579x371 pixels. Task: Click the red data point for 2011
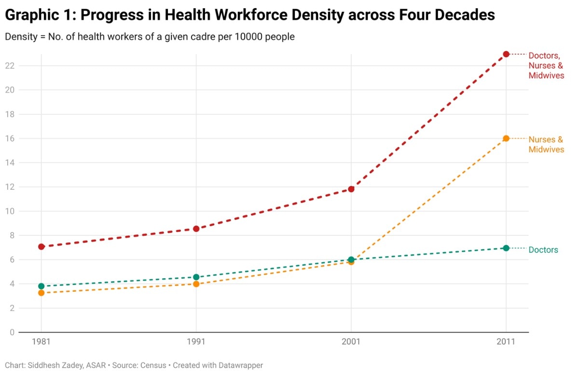click(506, 54)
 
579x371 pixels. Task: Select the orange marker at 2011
click(506, 139)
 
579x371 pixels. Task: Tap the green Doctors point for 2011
click(506, 248)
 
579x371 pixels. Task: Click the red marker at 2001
click(351, 189)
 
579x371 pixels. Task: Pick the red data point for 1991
click(196, 228)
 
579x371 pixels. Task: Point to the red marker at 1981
click(41, 246)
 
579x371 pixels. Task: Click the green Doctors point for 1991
click(196, 277)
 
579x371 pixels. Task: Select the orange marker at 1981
click(41, 293)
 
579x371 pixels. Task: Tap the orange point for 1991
click(196, 284)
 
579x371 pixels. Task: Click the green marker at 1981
click(41, 286)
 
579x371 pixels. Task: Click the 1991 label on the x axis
click(196, 342)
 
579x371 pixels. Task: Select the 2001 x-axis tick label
click(351, 342)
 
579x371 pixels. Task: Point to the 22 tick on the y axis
click(10, 66)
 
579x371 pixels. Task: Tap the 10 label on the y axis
click(10, 211)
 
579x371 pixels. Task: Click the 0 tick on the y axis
click(12, 332)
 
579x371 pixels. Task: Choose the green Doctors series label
click(543, 250)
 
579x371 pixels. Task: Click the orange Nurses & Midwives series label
click(546, 144)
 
